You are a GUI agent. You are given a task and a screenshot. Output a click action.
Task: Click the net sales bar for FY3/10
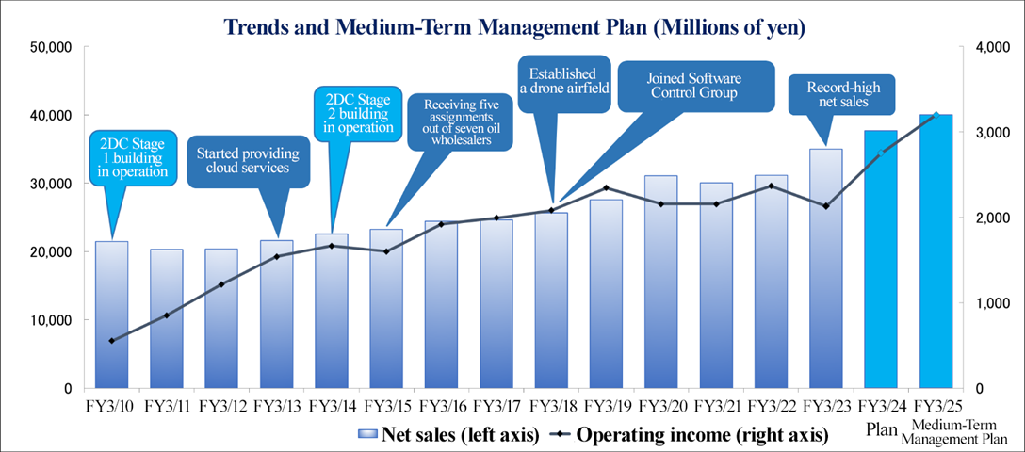coord(112,315)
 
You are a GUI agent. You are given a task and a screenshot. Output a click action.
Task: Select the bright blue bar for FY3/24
coord(881,259)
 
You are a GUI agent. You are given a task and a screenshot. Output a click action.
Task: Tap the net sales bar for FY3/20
coord(661,282)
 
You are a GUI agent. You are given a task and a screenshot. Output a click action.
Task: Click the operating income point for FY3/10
coord(112,341)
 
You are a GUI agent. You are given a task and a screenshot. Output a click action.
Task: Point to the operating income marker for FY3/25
coord(936,115)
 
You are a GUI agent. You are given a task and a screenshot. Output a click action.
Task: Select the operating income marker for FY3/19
coord(607,188)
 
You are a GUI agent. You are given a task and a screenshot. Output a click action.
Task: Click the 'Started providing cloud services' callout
coord(248,160)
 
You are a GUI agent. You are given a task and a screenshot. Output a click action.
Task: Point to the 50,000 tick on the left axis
coord(53,47)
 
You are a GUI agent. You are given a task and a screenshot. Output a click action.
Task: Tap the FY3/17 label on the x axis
coord(496,407)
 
